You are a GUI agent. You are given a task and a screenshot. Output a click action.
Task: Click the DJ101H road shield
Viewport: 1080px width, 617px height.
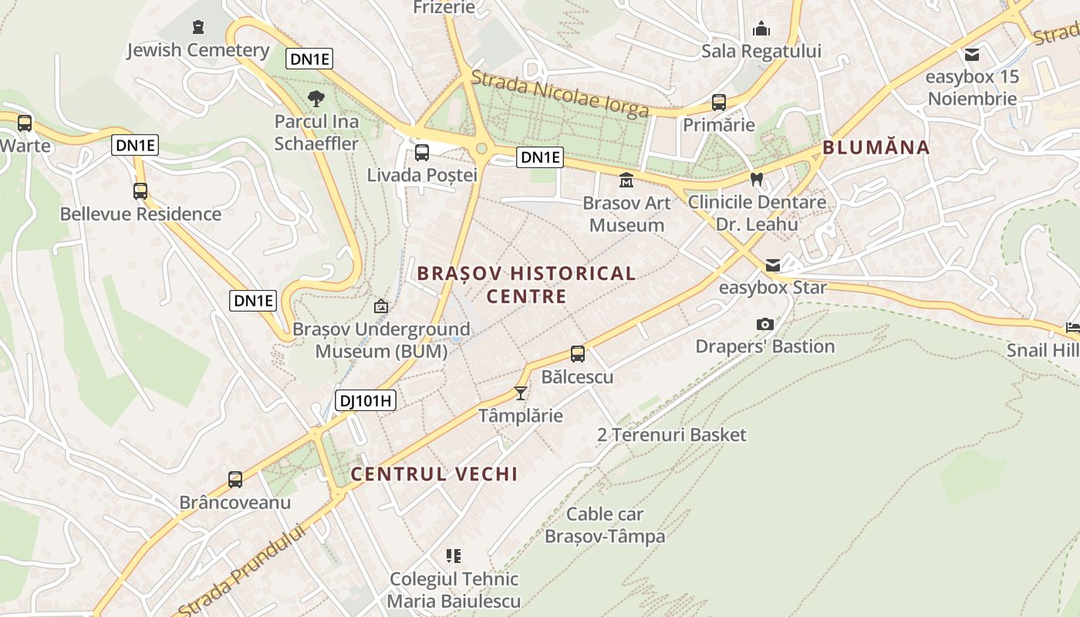point(366,400)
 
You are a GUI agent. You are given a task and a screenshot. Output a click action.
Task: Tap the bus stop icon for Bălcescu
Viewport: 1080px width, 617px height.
point(578,354)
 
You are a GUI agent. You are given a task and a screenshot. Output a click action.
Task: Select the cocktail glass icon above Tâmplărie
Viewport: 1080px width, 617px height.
point(521,393)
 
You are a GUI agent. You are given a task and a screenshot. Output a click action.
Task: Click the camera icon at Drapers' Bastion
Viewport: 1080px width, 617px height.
point(765,324)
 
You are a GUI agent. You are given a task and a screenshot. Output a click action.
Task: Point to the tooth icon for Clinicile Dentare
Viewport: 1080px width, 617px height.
point(757,179)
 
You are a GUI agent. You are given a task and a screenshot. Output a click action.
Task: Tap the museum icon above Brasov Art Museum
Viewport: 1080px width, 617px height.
point(626,180)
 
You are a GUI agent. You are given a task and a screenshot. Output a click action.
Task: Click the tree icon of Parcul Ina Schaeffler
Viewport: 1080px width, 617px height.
point(316,98)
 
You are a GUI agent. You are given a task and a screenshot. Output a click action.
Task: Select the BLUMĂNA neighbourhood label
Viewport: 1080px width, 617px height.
point(876,147)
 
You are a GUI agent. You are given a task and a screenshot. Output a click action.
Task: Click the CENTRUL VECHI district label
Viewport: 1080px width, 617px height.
point(434,474)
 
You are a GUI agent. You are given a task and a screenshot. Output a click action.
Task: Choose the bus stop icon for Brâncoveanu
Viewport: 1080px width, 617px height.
point(235,480)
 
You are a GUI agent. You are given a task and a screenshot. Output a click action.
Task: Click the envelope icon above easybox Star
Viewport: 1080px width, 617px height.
point(773,265)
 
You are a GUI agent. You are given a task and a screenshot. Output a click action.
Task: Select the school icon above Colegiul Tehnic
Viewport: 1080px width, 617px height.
point(454,555)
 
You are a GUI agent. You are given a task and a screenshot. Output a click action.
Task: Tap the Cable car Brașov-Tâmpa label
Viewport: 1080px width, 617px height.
point(605,524)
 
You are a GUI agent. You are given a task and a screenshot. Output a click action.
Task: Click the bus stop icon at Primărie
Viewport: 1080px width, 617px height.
point(719,102)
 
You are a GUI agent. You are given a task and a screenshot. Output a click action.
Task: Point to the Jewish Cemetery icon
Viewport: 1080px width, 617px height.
point(198,27)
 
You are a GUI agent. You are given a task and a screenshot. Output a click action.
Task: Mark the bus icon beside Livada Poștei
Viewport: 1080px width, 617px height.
point(421,153)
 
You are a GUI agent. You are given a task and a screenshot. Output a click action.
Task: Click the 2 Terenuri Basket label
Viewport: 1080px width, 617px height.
point(672,435)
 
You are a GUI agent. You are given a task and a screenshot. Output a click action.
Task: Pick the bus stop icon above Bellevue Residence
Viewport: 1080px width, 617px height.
point(140,191)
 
